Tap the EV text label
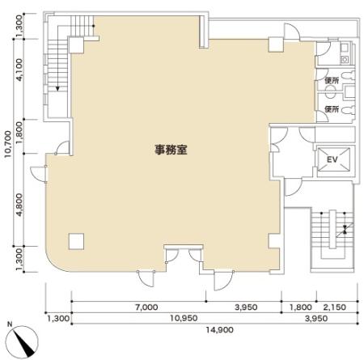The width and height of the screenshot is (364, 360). click(x=331, y=158)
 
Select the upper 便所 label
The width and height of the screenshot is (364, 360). click(x=331, y=80)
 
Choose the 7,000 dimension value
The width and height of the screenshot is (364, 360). click(x=146, y=307)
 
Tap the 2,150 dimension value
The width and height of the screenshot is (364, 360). click(x=334, y=307)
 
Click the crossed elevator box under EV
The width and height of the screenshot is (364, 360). click(x=330, y=159)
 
